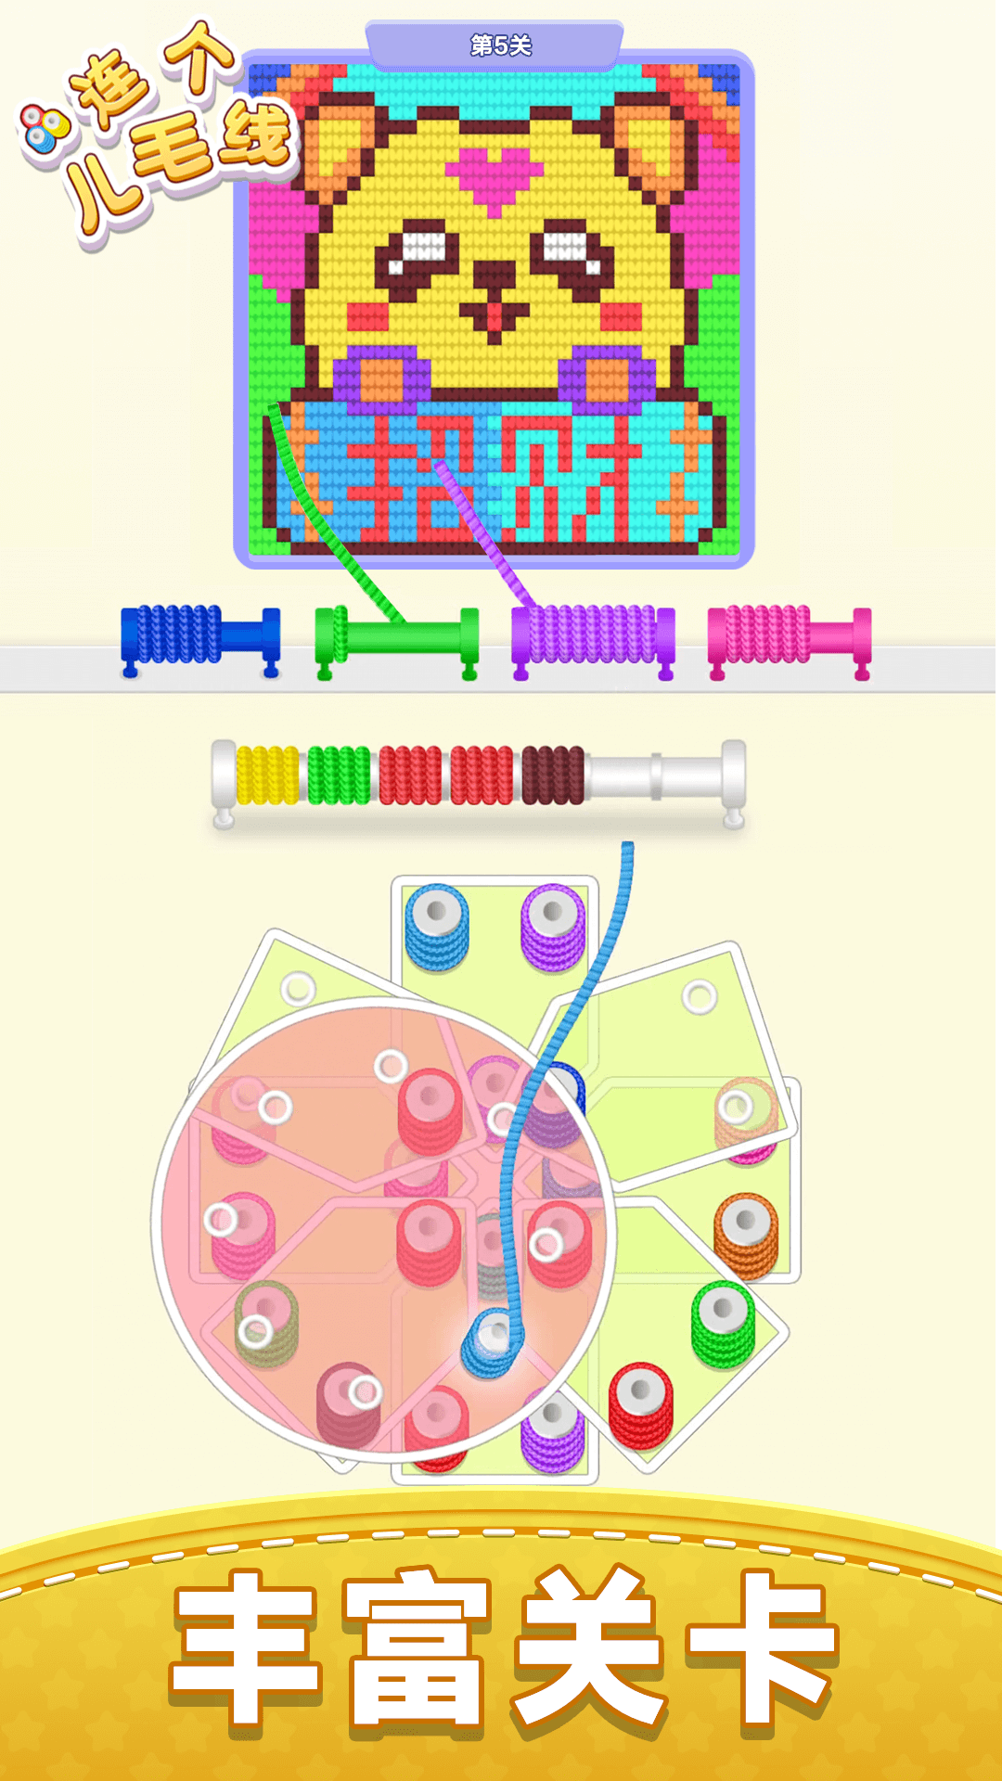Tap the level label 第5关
500,45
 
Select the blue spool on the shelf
199,636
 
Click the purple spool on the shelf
592,636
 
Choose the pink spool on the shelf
789,636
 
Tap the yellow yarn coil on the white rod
267,775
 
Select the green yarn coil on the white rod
339,775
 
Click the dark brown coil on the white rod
553,775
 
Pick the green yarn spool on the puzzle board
723,1322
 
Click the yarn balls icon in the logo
45,128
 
